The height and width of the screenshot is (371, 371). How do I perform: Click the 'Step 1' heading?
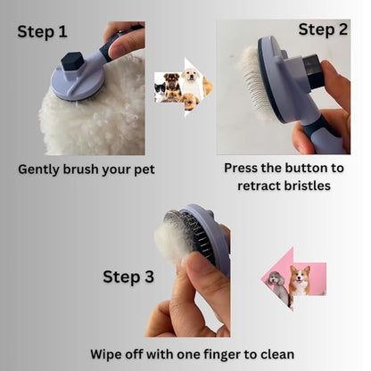(x=42, y=32)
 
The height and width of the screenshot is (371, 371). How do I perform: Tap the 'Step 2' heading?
(x=323, y=29)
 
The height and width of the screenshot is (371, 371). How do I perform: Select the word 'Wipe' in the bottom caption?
(x=109, y=354)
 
